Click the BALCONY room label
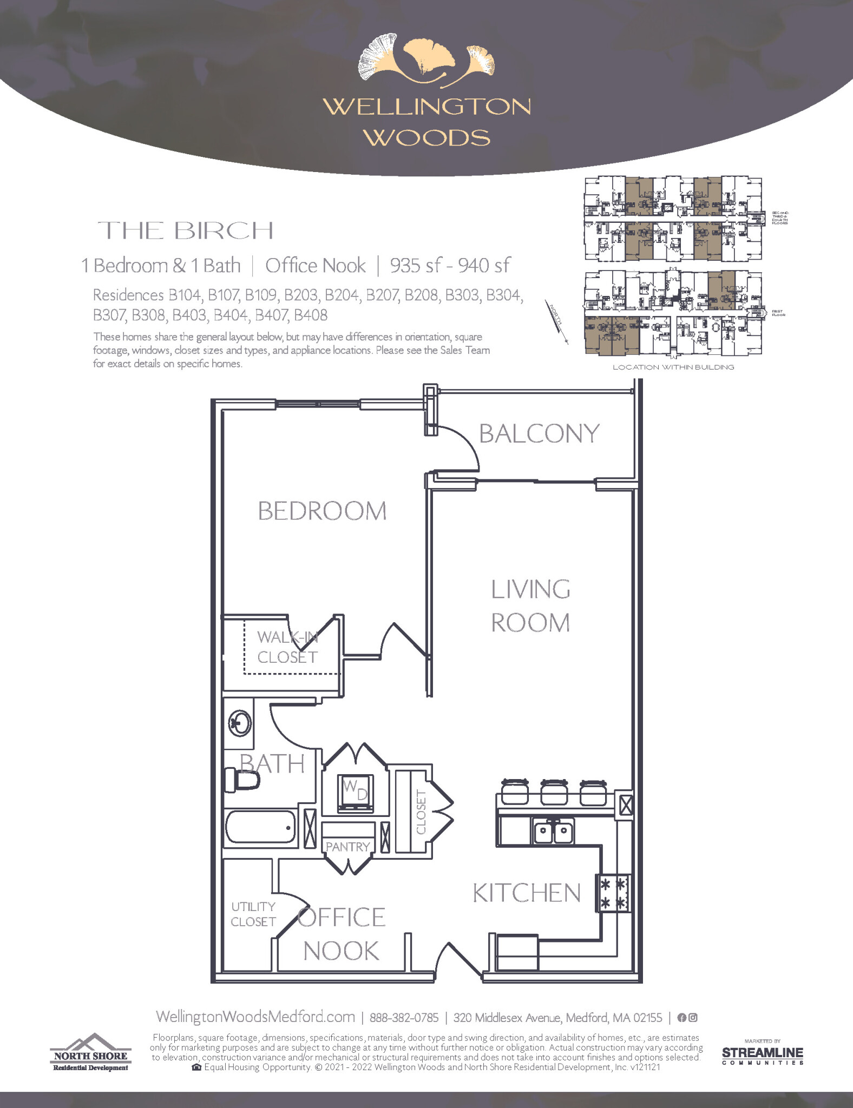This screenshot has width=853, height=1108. (539, 433)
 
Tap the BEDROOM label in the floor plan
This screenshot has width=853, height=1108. (322, 511)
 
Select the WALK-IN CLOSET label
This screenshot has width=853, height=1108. (287, 647)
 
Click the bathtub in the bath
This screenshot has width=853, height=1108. (260, 827)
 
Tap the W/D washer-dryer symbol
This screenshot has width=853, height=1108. (355, 793)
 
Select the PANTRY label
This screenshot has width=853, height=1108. (347, 847)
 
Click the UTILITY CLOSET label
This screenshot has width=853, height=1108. (253, 914)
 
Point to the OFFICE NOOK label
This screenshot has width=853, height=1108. (341, 934)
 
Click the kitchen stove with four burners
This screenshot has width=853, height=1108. (613, 893)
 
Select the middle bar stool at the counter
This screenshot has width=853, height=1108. (554, 792)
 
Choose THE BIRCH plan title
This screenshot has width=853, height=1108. (186, 231)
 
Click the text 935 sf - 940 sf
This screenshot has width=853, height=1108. (450, 266)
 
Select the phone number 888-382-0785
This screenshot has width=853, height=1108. (404, 1018)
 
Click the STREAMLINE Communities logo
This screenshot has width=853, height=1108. (762, 1054)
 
